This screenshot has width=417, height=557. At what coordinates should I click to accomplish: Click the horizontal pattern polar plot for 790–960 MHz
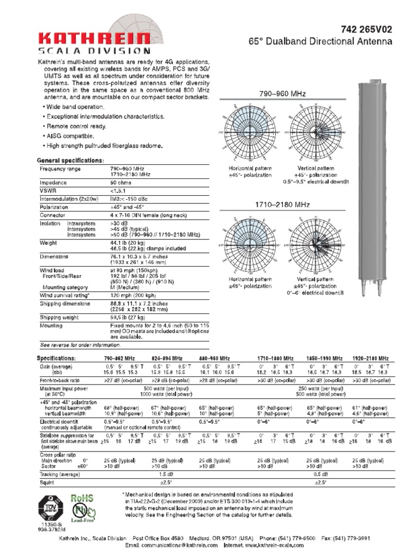(249, 132)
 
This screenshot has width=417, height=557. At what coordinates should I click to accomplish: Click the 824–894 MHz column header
(170, 358)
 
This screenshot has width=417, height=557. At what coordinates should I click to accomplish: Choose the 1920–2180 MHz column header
(370, 358)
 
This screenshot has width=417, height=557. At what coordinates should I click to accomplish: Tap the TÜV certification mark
(50, 509)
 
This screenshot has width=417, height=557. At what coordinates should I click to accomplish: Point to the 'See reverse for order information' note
(80, 345)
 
